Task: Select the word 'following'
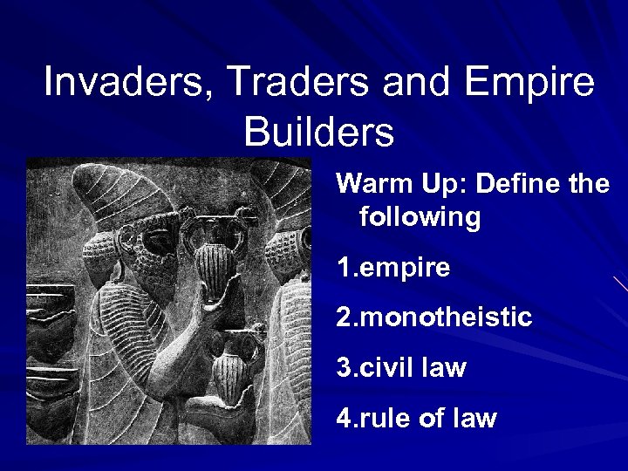coord(420,217)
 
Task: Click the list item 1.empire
coord(393,268)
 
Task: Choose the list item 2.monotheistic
coord(433,317)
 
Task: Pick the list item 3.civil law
coord(401,368)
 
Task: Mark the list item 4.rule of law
coord(416,419)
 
